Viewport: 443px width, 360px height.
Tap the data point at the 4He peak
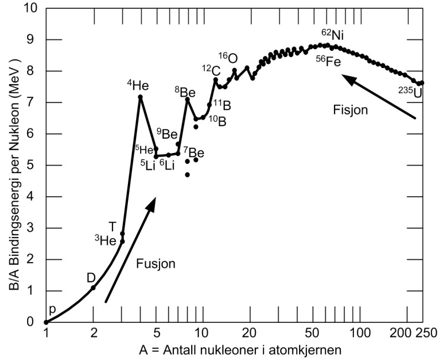tap(141, 97)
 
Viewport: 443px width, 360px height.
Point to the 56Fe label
tap(328, 61)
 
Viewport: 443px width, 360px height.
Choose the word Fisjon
tap(351, 111)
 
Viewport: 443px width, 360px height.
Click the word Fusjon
tap(156, 264)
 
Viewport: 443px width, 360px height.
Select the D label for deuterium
tap(91, 277)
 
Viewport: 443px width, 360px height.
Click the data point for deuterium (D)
tap(93, 287)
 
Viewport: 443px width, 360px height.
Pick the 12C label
tap(211, 70)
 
